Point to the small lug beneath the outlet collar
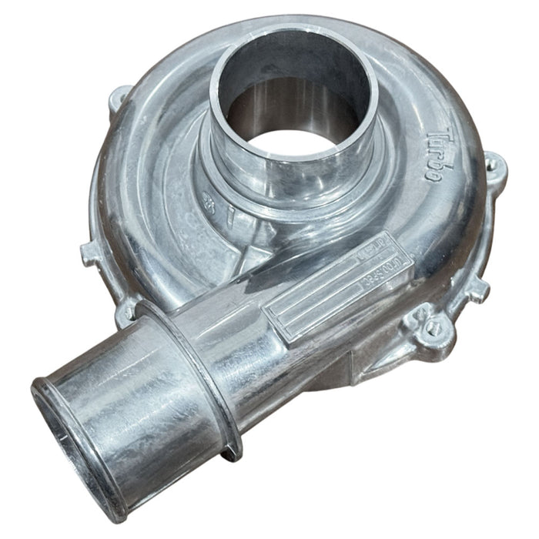(230, 454)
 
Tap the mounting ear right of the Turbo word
(493, 165)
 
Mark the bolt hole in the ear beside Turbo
(494, 163)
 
